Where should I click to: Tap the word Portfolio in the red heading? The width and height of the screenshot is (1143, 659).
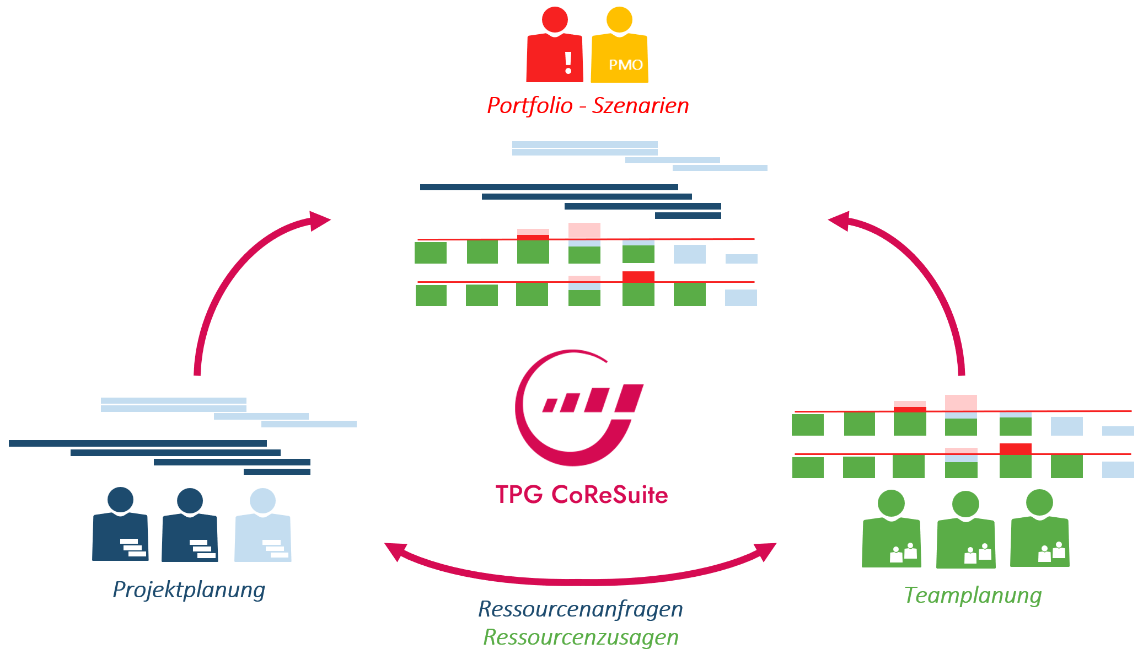[529, 105]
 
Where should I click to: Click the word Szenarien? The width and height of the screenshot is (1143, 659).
[640, 105]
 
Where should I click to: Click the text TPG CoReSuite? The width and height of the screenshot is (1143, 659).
[581, 495]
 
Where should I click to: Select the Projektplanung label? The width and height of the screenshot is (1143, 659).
[189, 590]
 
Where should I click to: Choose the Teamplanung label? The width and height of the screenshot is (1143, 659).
[973, 596]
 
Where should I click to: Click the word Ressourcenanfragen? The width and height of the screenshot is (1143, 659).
[580, 609]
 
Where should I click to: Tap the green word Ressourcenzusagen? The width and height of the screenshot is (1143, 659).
[581, 637]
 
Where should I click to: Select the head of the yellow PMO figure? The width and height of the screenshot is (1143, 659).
[619, 19]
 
